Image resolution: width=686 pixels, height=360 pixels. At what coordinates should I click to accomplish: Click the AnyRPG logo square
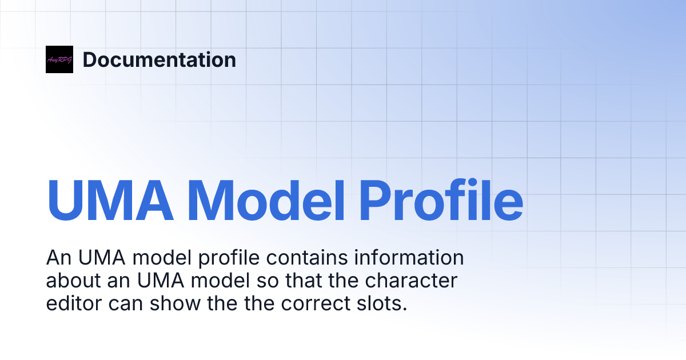(x=59, y=59)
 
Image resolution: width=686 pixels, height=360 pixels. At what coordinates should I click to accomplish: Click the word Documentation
(x=159, y=60)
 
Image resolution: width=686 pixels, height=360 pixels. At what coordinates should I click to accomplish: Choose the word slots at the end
(x=384, y=304)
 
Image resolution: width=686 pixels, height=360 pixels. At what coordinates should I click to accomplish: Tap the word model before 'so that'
(x=221, y=281)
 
